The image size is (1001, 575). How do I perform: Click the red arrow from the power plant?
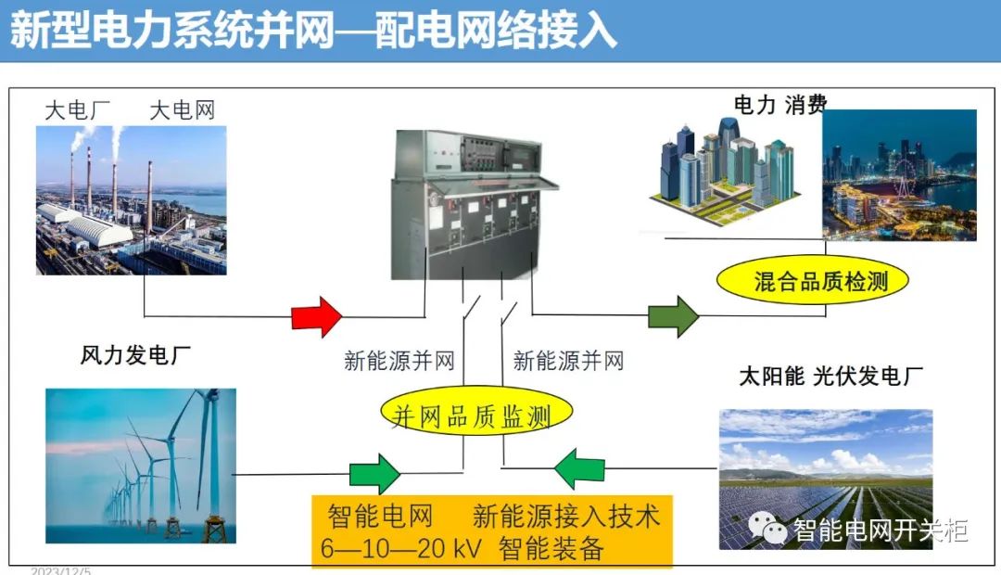coord(316,316)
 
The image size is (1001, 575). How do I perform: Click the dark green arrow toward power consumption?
coord(673,316)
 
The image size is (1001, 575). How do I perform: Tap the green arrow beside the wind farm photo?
coord(374,473)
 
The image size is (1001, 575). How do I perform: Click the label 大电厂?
coord(78,111)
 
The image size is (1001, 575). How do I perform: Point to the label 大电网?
coord(183,111)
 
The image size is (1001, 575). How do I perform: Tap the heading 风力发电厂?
coord(135,355)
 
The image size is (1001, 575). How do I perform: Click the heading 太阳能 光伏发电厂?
coord(830,377)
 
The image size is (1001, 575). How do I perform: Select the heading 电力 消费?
coord(780,105)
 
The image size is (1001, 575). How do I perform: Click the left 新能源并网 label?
coord(399,361)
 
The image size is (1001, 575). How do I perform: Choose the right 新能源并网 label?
coord(568,361)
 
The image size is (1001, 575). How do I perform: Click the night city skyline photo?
coord(899,175)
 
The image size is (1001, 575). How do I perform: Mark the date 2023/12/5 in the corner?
coord(60,570)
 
